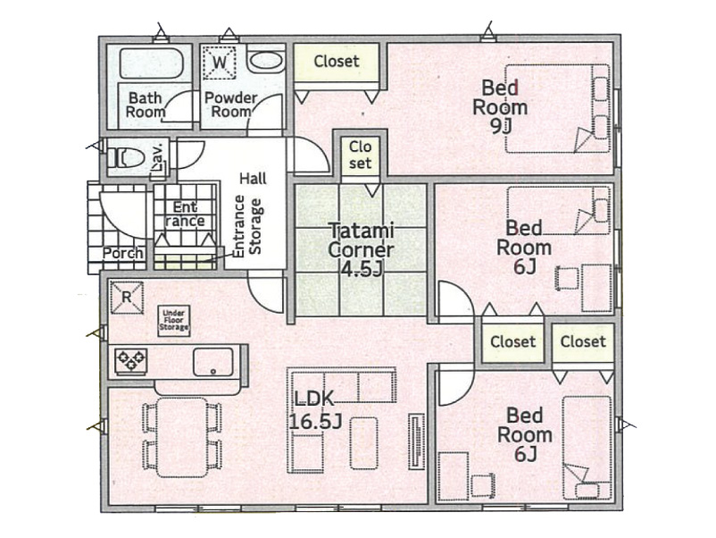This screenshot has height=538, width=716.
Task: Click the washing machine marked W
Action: (x=220, y=62)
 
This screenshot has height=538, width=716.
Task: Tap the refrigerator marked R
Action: (x=127, y=298)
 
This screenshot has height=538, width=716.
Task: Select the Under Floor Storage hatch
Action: (x=173, y=321)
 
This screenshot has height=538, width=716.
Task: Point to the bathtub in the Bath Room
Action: (x=152, y=63)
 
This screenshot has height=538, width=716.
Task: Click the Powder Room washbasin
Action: (x=266, y=61)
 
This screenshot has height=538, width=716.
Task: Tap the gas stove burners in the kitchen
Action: (x=131, y=360)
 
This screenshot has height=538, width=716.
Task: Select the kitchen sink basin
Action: (x=213, y=362)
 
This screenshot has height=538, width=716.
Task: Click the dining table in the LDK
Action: (x=182, y=437)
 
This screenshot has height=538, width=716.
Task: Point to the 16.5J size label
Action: (x=315, y=422)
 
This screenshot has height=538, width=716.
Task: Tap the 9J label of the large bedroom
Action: (x=500, y=127)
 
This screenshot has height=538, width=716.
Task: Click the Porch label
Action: (x=122, y=253)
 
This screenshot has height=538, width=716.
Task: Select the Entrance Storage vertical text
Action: (x=247, y=226)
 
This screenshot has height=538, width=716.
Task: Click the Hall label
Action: (x=253, y=178)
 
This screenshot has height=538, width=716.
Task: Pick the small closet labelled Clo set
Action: (x=361, y=156)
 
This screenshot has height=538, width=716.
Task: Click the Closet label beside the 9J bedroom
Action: (x=337, y=61)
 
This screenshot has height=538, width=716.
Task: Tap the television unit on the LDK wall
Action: (x=416, y=441)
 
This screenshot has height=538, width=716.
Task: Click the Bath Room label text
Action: (x=146, y=105)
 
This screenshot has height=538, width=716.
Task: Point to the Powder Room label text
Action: (x=231, y=105)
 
